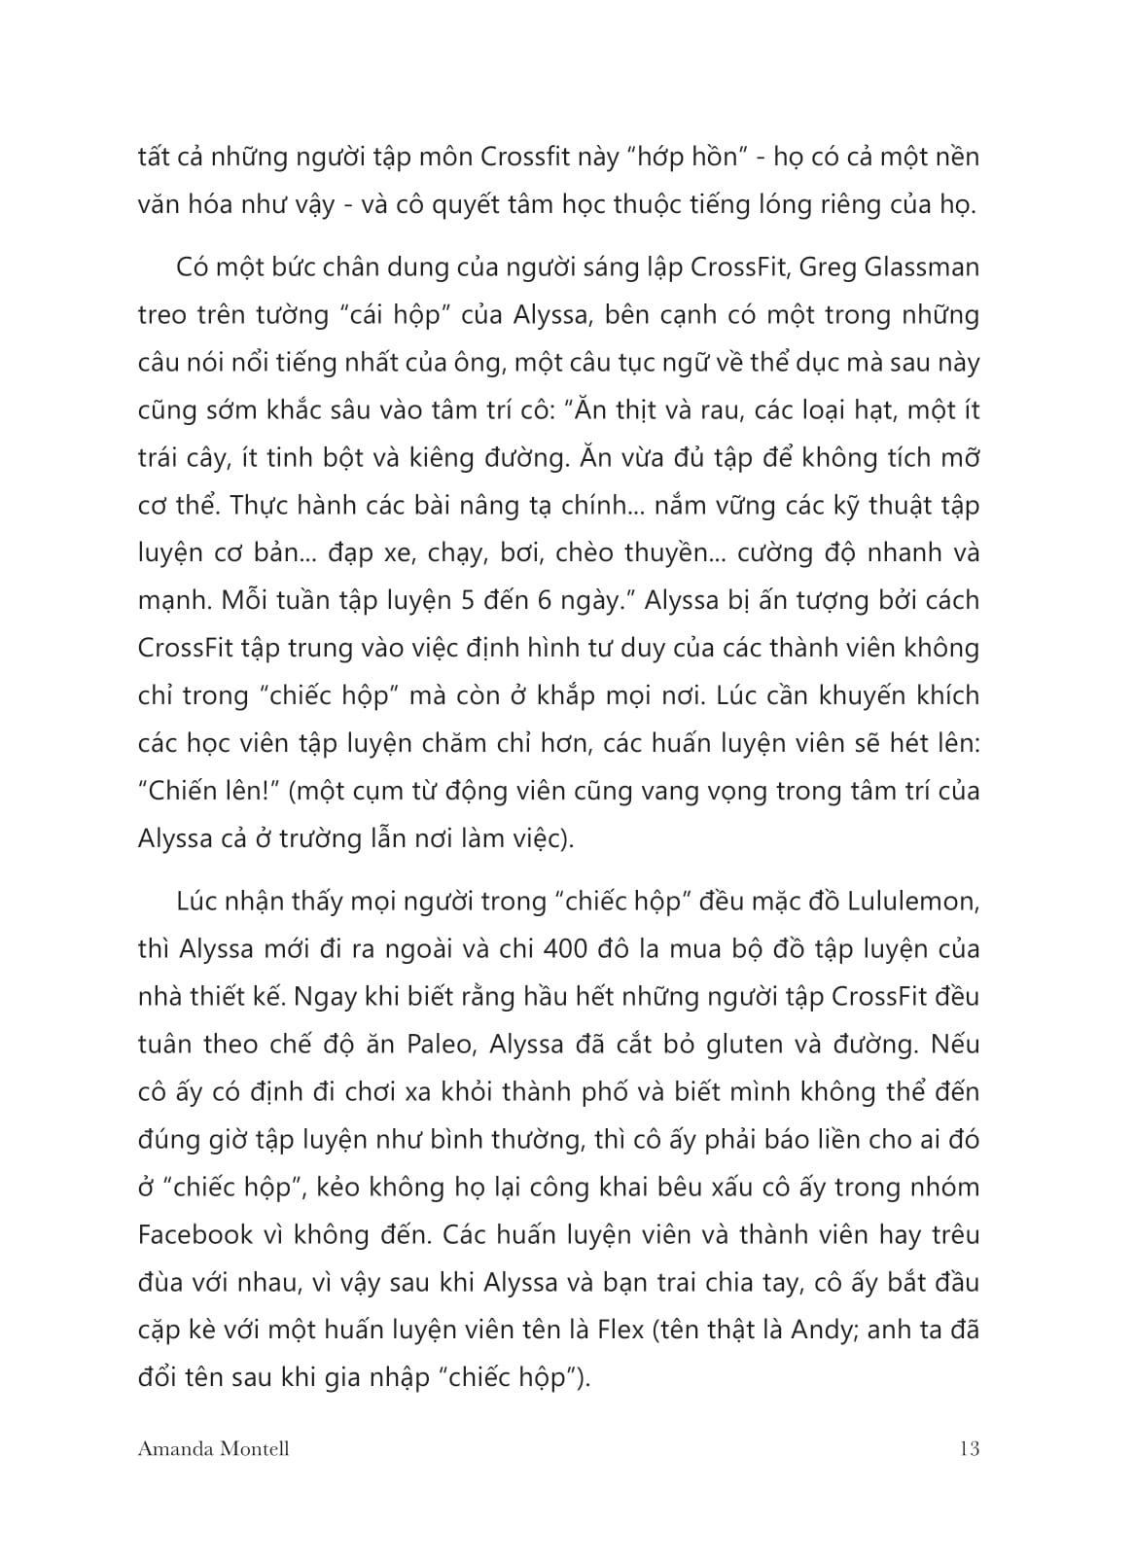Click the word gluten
point(757,1045)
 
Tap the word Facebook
point(195,1235)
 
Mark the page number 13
point(968,1449)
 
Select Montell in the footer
point(257,1449)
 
